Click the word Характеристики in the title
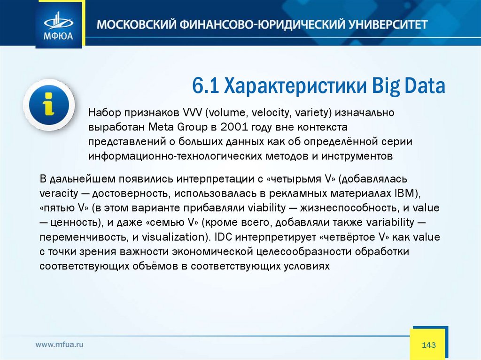point(295,86)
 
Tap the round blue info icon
point(49,105)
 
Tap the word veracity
point(59,193)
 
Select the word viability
point(267,208)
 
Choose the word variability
point(390,222)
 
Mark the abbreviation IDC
point(224,237)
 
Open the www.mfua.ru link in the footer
point(60,345)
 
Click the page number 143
point(428,345)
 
